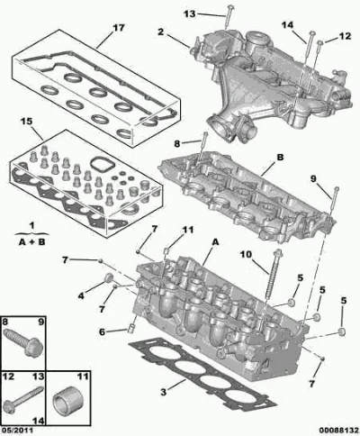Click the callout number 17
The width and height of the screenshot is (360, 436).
(x=119, y=28)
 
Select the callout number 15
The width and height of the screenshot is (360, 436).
(x=26, y=122)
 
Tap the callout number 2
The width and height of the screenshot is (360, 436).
(x=161, y=32)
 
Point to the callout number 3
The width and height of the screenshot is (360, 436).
(x=163, y=392)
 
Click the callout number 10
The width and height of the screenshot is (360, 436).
(x=246, y=255)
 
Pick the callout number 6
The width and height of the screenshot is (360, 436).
(x=103, y=332)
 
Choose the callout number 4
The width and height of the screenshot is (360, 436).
(x=81, y=296)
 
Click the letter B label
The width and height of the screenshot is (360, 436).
(x=280, y=158)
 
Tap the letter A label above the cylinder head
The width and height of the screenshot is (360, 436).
(x=215, y=241)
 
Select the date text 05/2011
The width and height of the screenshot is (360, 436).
(x=17, y=431)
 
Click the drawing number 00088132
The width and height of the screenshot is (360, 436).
(x=338, y=431)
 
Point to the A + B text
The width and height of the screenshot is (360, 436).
(x=31, y=241)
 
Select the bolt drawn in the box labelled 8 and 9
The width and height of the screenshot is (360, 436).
(x=23, y=343)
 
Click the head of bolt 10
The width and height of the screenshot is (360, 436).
(x=278, y=253)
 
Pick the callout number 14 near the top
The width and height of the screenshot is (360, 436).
(x=287, y=25)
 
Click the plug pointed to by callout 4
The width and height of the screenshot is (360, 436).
(x=109, y=278)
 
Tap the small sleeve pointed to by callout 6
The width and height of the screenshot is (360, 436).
(x=130, y=328)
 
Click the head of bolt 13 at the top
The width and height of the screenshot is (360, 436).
(x=229, y=7)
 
